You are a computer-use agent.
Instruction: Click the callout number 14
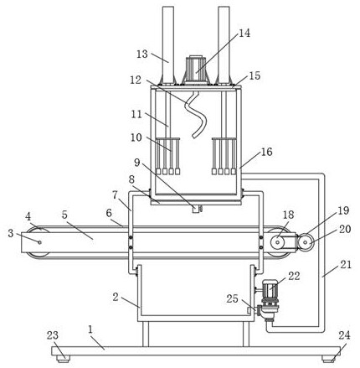coord(244,34)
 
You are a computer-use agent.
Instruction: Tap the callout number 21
coord(346,264)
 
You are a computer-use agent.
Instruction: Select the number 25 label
coord(232,298)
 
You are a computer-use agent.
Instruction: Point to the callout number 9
coord(136,163)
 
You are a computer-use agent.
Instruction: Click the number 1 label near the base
coord(90,329)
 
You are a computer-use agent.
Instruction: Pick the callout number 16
coord(266,152)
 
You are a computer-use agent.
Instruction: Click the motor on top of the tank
coord(196,70)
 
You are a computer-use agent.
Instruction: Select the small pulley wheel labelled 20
coord(306,242)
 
